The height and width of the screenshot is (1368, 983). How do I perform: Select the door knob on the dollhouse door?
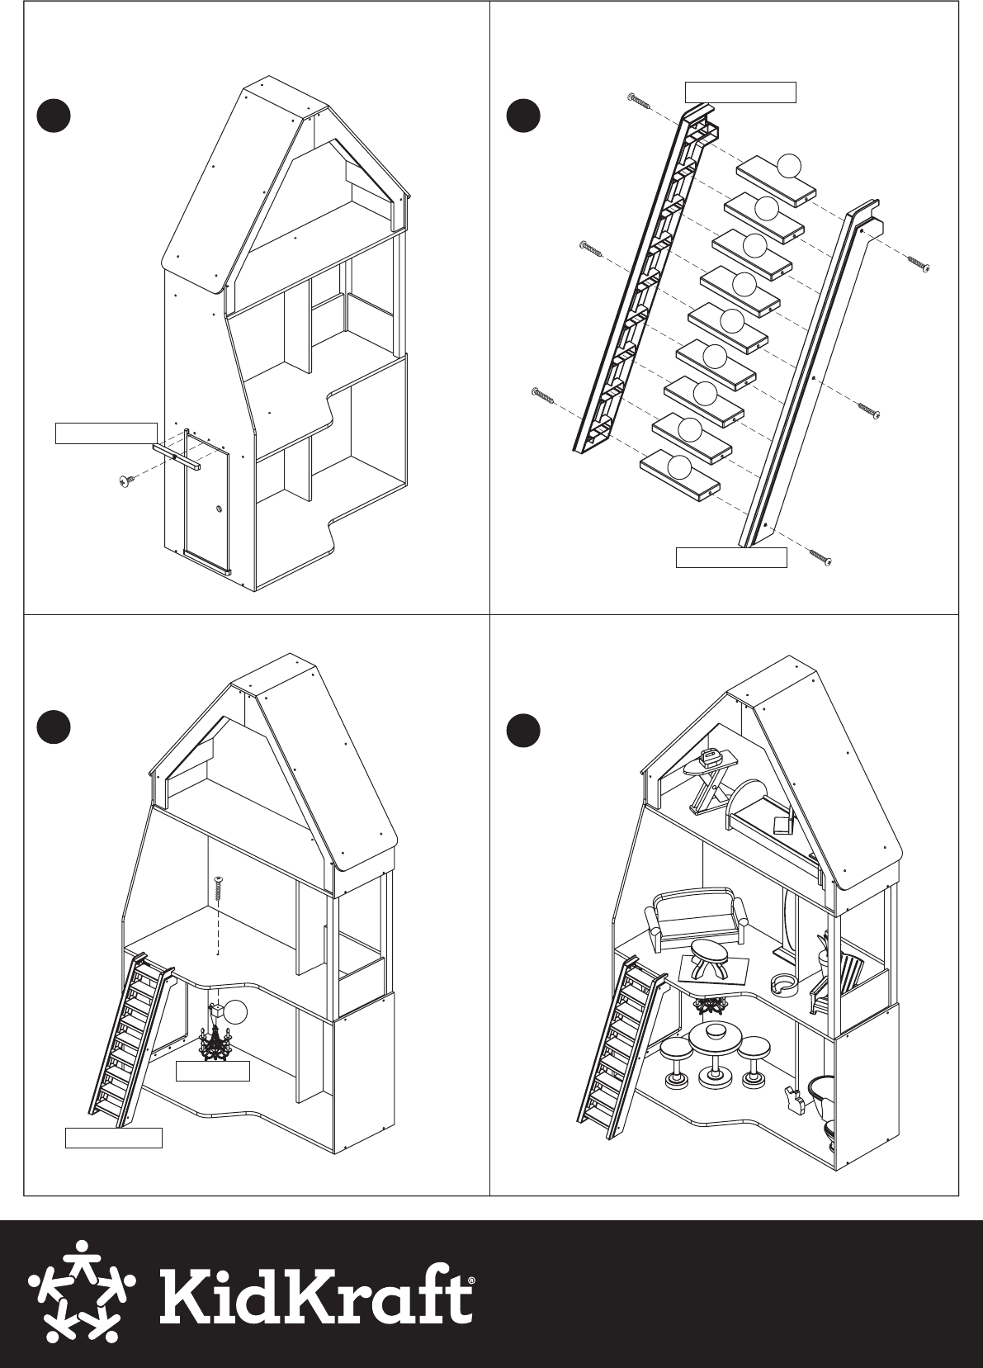pos(218,508)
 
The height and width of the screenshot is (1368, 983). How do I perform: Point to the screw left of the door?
pos(127,481)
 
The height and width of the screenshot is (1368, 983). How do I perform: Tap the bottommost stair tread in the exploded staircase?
pos(680,476)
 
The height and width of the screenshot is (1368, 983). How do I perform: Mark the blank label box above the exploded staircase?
pos(740,92)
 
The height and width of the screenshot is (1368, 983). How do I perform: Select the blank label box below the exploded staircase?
pos(731,557)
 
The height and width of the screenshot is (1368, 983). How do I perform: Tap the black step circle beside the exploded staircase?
pos(524,116)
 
